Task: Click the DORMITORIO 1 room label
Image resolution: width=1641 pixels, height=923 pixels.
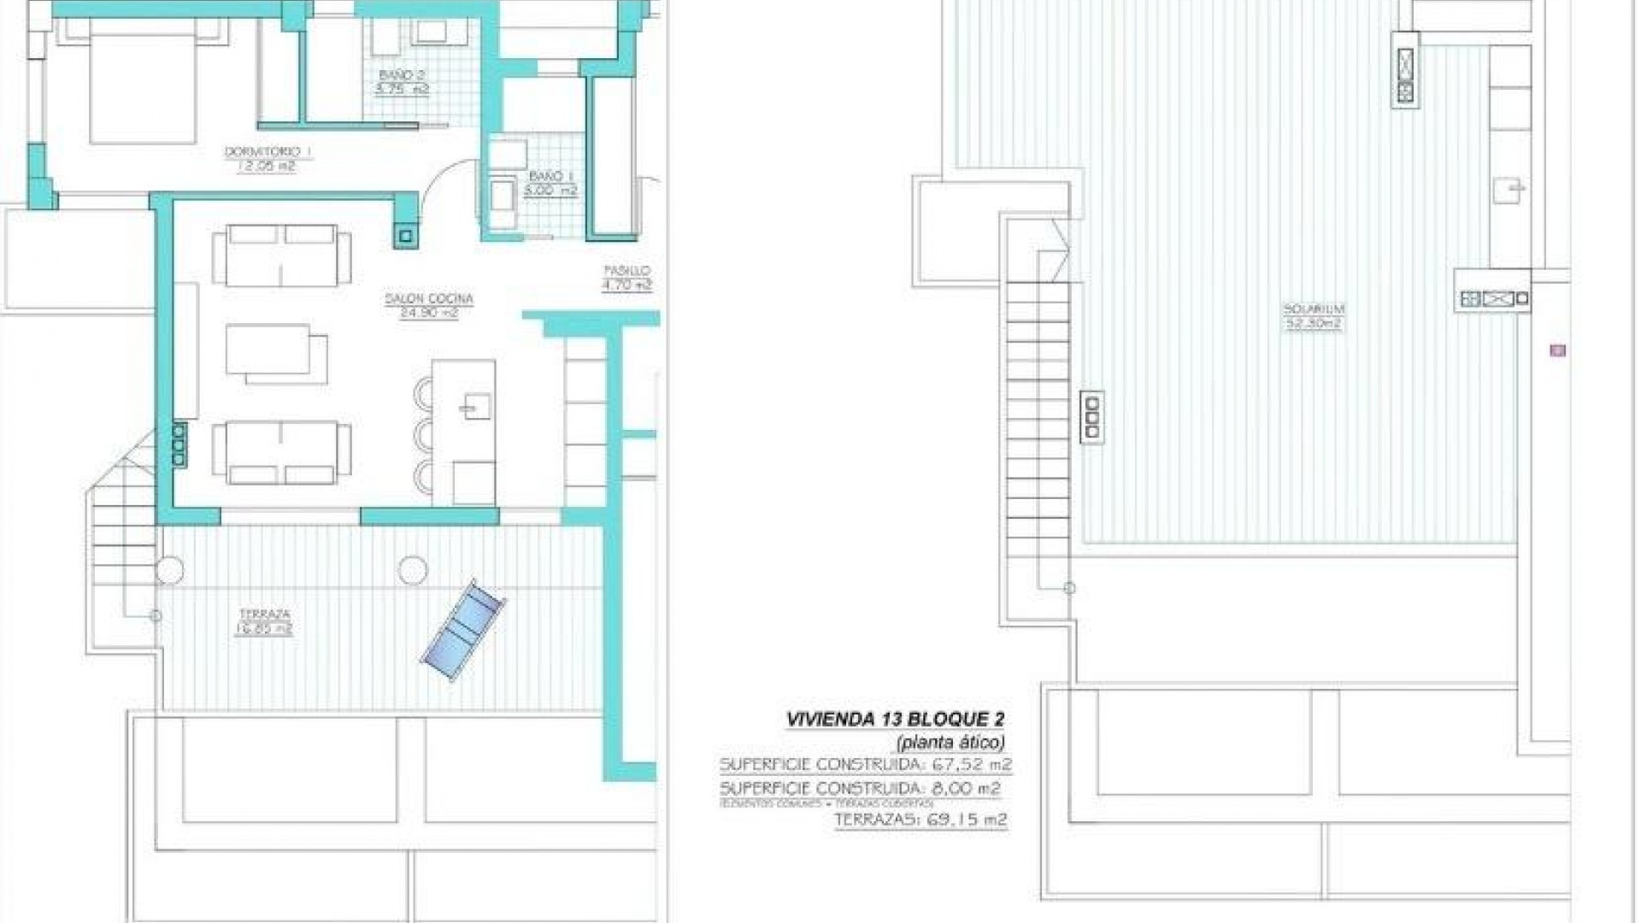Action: pos(268,152)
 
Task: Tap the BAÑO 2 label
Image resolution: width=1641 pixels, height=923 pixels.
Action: pos(402,75)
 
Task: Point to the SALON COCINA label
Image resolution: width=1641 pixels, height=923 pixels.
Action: pos(429,299)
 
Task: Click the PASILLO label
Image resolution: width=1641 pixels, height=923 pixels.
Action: pos(627,271)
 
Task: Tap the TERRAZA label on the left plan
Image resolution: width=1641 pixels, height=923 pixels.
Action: pos(264,614)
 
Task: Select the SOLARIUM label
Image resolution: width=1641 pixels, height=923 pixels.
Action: pos(1313,309)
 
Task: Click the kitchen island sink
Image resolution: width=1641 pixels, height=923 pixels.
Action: pos(476,407)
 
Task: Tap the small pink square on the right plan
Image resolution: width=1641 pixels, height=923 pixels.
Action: pos(1557,350)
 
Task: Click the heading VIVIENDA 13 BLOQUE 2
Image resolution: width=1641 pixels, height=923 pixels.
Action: pos(894,720)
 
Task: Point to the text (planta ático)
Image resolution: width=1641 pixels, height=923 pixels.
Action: pos(950,742)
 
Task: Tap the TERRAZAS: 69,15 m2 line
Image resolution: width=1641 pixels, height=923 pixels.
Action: pos(920,820)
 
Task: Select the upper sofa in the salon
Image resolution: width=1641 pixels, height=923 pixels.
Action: pos(281,256)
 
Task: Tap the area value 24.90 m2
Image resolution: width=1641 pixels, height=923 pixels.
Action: pos(429,313)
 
